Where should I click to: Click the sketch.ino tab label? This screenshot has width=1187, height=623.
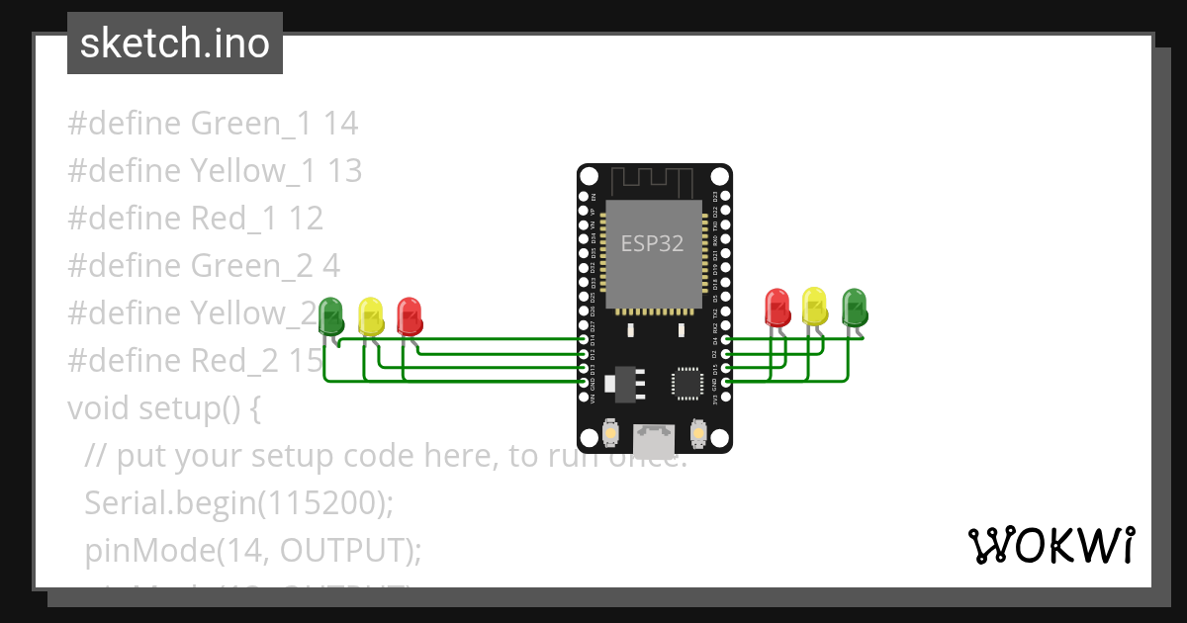pos(174,44)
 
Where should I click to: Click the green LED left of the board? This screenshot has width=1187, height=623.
pos(331,314)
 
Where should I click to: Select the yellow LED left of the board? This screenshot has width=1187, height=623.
pos(370,315)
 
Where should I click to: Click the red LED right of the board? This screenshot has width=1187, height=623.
pos(777,307)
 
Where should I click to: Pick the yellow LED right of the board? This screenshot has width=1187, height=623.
pos(815,306)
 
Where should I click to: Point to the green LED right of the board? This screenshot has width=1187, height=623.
pos(854,307)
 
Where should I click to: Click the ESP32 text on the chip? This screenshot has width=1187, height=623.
pos(652,243)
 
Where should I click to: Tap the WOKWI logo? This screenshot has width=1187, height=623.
pos(1050,545)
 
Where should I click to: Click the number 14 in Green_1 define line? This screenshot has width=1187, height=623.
pos(340,124)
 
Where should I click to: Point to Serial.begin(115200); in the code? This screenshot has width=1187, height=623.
pos(239,503)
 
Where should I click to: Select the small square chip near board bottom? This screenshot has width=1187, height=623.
pos(686,383)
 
